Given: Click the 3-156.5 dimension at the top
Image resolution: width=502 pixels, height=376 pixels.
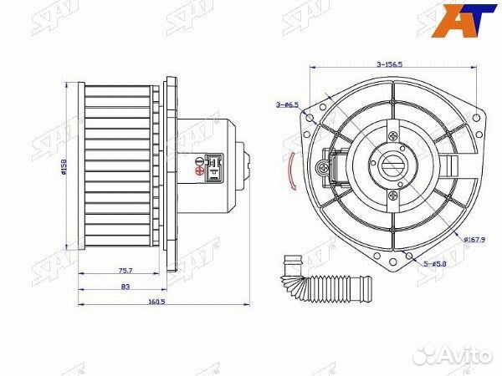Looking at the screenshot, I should point(389,64).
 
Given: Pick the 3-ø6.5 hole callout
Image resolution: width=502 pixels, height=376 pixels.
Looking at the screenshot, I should point(287,104).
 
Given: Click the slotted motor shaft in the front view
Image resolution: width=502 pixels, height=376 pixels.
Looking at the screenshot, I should point(393,165).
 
